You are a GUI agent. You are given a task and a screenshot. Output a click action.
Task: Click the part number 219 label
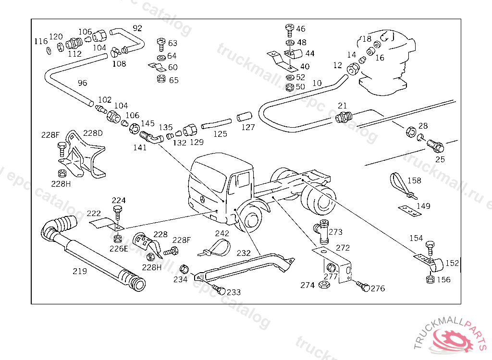80,271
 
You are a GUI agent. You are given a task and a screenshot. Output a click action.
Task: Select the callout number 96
83,83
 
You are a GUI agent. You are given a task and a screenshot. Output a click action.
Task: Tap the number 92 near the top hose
137,28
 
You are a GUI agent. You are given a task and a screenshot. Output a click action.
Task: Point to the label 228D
93,133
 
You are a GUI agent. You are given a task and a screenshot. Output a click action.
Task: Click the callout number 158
414,181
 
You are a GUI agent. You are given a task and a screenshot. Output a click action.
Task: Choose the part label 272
343,248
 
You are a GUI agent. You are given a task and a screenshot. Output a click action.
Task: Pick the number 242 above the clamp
222,233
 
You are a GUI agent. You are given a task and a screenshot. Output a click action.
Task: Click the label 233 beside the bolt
234,292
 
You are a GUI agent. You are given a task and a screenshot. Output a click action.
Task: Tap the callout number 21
342,106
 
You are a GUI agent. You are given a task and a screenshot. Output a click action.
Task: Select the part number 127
248,128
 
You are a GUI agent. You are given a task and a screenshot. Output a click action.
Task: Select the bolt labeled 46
289,30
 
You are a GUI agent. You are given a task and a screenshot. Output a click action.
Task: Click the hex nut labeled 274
323,285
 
